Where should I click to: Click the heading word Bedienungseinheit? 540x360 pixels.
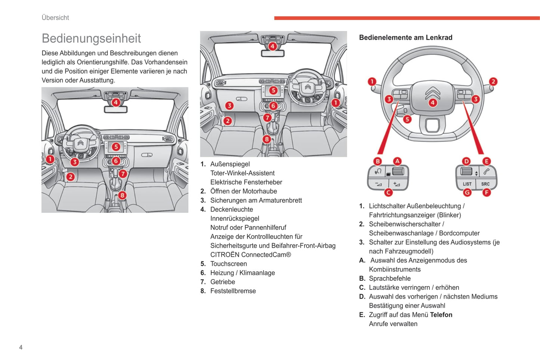(91, 38)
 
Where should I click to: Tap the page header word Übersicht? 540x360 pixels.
(55, 18)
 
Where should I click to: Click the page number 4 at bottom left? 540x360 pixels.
(21, 347)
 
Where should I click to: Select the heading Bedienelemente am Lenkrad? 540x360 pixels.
(405, 37)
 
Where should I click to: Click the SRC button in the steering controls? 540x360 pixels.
(485, 184)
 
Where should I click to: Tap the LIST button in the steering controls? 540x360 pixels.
(467, 184)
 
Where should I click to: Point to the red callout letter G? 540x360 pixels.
(467, 192)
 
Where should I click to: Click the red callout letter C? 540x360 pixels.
(388, 192)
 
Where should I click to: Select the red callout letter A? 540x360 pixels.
(397, 161)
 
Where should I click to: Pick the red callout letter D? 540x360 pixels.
(466, 161)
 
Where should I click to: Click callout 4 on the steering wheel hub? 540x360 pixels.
(432, 103)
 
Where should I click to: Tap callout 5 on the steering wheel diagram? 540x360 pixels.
(407, 119)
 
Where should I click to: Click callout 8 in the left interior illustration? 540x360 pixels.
(122, 195)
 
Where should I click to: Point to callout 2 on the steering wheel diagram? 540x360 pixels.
(493, 81)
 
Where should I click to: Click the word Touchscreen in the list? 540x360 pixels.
(228, 264)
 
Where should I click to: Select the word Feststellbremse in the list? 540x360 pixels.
(233, 291)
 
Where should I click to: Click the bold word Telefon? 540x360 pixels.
(441, 315)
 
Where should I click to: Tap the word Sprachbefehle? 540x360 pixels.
(389, 279)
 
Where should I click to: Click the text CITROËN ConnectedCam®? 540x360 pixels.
(250, 255)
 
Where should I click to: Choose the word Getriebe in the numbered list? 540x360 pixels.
(222, 282)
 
